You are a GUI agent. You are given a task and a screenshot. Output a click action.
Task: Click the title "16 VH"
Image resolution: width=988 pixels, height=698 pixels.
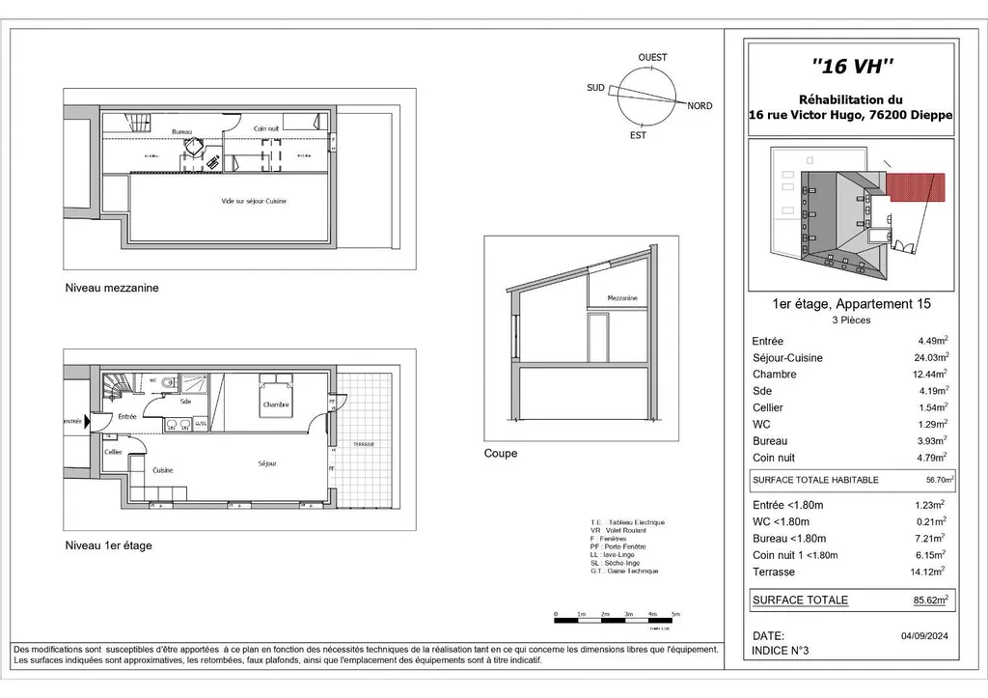pos(852,67)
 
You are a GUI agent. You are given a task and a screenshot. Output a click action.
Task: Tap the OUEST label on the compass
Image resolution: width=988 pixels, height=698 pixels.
pos(652,58)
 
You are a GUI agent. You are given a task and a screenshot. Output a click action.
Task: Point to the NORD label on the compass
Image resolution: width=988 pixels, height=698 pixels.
pos(700,106)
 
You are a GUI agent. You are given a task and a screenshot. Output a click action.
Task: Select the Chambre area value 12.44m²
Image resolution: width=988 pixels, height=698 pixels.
pos(932,374)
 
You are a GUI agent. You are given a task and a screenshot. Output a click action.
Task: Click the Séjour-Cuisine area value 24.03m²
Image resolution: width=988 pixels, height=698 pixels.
pos(932,357)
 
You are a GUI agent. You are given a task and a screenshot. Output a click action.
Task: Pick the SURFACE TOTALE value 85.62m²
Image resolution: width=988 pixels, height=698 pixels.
pos(931,600)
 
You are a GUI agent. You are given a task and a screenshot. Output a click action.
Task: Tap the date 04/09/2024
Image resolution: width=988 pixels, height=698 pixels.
pos(927,635)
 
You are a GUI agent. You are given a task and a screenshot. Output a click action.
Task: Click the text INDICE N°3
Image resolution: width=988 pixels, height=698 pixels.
pos(780,652)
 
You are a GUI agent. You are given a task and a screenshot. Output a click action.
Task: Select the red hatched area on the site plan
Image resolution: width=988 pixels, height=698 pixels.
pos(916,188)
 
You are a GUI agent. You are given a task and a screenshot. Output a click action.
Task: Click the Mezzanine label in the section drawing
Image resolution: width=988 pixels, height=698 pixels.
pos(622,298)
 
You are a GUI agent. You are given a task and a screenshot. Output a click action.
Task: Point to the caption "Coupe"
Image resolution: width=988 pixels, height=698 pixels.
pos(501,453)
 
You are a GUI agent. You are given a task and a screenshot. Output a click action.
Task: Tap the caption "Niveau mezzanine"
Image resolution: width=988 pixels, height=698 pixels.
pos(111,288)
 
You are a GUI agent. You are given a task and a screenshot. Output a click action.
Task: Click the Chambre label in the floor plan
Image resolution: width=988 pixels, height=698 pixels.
pos(276,405)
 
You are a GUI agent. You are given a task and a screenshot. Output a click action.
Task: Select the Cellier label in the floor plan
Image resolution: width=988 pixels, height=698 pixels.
pos(113,452)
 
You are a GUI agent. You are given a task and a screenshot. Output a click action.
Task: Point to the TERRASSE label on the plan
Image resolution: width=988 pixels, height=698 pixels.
pos(363,444)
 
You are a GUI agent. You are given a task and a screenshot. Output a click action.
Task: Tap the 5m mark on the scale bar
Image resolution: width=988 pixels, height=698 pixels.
pos(676,614)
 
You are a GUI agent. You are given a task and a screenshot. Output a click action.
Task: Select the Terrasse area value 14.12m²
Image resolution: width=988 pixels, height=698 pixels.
pos(932,572)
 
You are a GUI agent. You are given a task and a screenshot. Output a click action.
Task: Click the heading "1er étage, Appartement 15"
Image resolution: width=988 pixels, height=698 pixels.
pos(852,304)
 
